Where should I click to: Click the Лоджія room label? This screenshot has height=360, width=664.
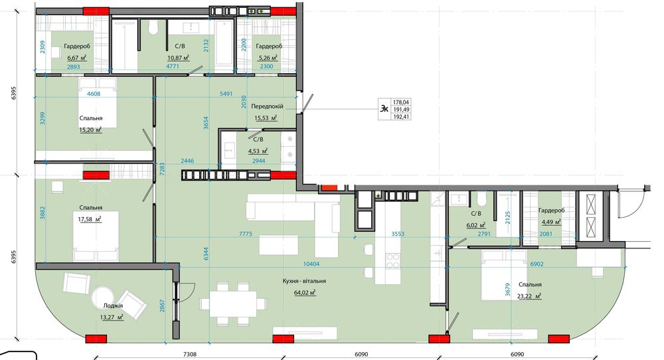113,306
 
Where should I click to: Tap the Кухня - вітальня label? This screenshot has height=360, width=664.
304,281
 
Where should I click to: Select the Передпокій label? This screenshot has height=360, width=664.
267,106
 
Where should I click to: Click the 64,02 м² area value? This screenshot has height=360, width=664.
305,292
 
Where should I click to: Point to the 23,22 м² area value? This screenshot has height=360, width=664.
529,296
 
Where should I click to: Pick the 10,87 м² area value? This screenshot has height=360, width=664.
178,57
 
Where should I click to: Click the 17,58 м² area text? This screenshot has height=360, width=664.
90,219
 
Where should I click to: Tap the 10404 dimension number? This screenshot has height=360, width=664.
311,264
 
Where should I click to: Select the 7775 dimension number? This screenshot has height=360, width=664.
246,234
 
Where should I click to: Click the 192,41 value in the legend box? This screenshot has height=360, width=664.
401,117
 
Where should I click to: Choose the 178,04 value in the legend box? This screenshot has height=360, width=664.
401,102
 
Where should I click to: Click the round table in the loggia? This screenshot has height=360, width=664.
103,297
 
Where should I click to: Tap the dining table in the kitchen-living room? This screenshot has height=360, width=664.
233,304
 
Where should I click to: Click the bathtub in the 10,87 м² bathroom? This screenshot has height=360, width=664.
224,45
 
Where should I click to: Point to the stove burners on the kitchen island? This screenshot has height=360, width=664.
393,261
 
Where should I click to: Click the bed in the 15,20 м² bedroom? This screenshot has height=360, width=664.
97,102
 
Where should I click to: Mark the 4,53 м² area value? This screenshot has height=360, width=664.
258,151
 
